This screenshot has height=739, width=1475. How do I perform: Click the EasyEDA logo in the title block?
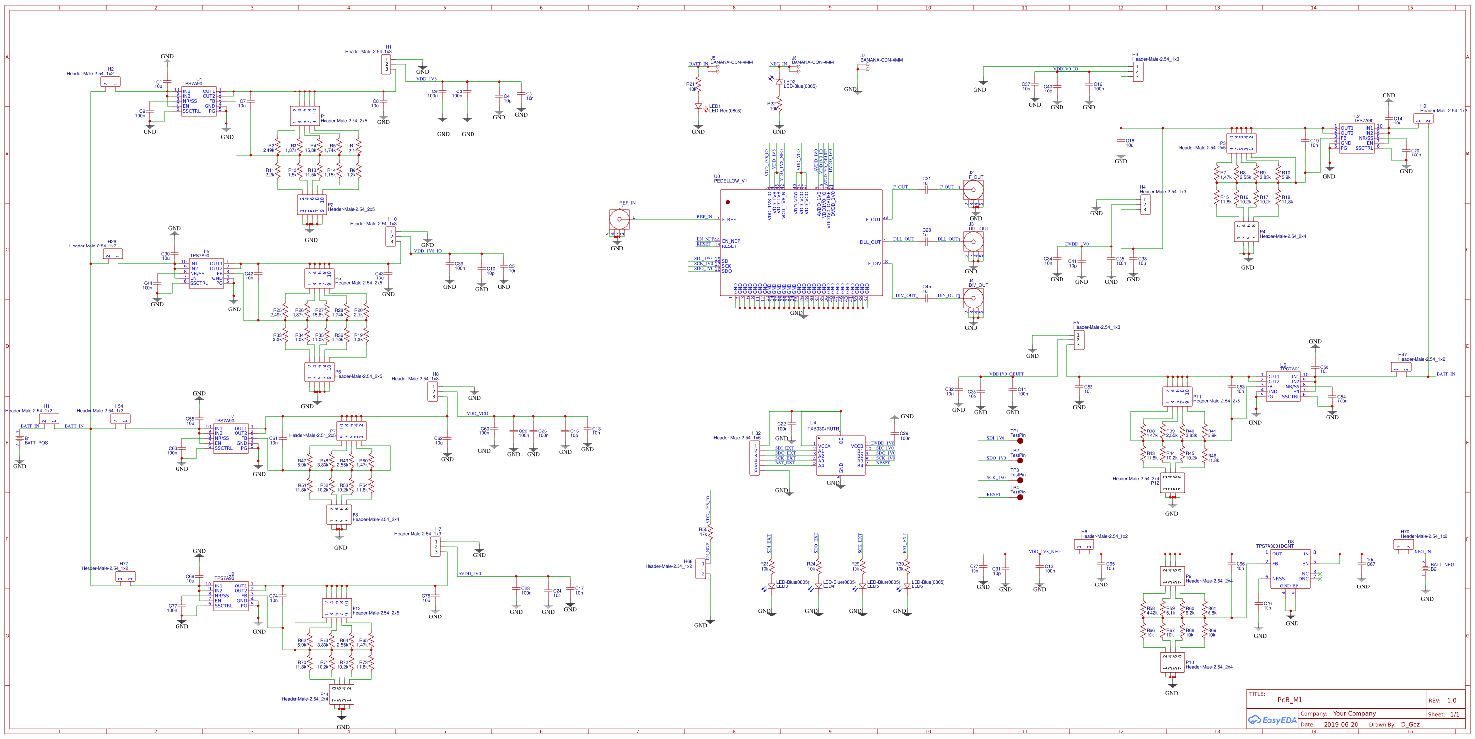coord(1272,720)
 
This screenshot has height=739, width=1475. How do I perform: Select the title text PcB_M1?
coord(1290,700)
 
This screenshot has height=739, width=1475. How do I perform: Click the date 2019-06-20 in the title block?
coord(1340,725)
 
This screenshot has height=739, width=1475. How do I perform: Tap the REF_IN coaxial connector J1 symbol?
coord(619,219)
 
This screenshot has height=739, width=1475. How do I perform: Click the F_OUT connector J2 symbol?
coord(973,189)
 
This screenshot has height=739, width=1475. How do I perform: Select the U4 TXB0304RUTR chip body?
coord(840,456)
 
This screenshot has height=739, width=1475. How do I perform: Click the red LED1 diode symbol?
coord(698,107)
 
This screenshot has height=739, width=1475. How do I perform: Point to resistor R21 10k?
coord(698,85)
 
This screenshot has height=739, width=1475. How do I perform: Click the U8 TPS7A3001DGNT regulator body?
coord(1290,568)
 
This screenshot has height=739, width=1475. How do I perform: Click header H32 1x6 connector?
coord(755,458)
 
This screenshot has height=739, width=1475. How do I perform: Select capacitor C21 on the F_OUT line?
coord(926,188)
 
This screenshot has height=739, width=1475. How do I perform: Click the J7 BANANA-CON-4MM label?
coord(881,60)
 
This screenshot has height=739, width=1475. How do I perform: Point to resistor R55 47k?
coord(710,533)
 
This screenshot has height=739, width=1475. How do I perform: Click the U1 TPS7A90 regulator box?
coord(199,101)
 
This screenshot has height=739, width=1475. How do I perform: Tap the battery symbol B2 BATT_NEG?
coord(1425,568)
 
